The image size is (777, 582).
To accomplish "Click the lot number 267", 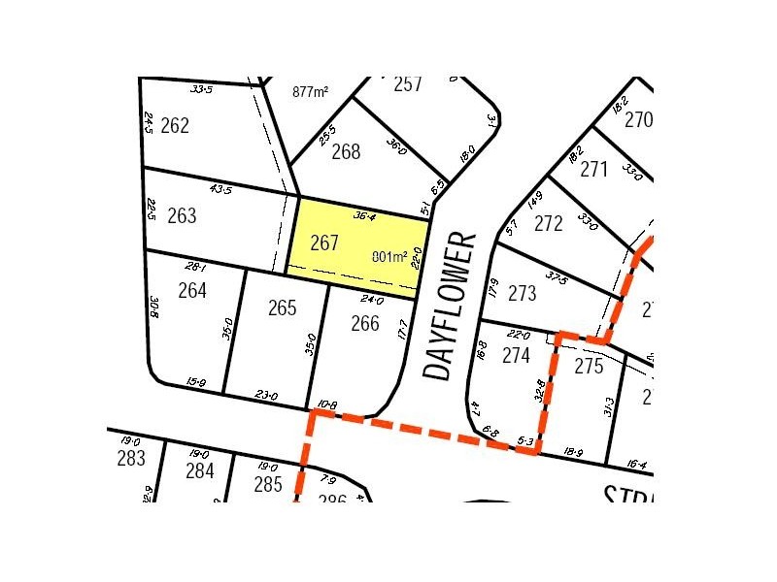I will pyautogui.click(x=323, y=243).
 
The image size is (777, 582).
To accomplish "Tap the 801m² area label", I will pyautogui.click(x=390, y=257).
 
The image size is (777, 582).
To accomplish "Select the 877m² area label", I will pyautogui.click(x=310, y=92).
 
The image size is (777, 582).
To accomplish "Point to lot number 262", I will pyautogui.click(x=175, y=126).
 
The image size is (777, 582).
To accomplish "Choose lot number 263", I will pyautogui.click(x=182, y=215).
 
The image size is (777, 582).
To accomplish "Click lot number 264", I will pyautogui.click(x=193, y=289).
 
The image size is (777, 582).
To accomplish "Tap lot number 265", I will pyautogui.click(x=282, y=308).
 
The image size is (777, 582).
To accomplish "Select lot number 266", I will pyautogui.click(x=364, y=324).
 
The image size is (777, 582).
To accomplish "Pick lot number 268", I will pyautogui.click(x=345, y=151).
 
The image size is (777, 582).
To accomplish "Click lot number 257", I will pyautogui.click(x=408, y=84).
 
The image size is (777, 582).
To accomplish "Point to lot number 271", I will pyautogui.click(x=593, y=170).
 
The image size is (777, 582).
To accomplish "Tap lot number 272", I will pyautogui.click(x=549, y=224).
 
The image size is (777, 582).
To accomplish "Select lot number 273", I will pyautogui.click(x=522, y=293).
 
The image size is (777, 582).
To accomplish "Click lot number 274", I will pyautogui.click(x=516, y=356).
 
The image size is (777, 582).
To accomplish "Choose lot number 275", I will pyautogui.click(x=589, y=367).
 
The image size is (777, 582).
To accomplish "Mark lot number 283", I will pyautogui.click(x=130, y=459).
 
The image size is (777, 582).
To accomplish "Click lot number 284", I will pyautogui.click(x=199, y=471).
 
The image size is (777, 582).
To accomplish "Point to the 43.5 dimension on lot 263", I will pyautogui.click(x=221, y=189).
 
